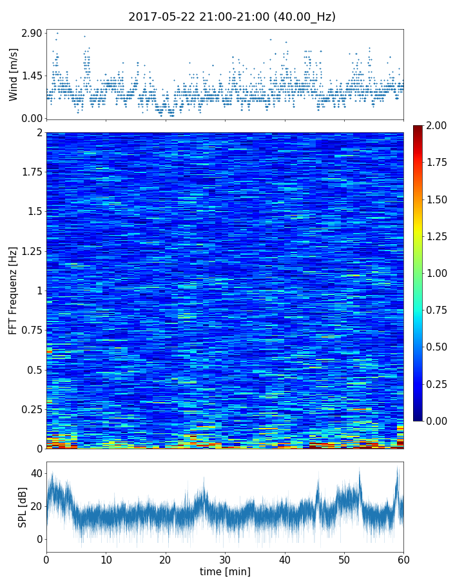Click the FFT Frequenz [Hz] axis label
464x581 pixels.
coord(14,290)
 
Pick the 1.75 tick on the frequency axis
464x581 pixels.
coord(30,172)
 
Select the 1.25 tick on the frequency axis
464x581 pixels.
coord(30,251)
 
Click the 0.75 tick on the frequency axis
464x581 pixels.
coord(30,331)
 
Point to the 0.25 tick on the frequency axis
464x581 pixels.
coord(30,409)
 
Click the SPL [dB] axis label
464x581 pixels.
coord(23,507)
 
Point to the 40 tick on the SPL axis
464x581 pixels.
coord(35,473)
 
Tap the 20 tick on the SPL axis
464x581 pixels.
coord(35,506)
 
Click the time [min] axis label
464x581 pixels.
coord(225,571)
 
